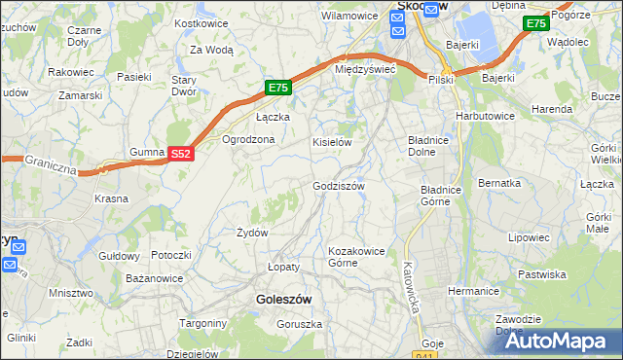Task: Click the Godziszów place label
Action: (338, 186)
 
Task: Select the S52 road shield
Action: (181, 154)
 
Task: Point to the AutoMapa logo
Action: (558, 341)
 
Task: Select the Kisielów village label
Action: (331, 142)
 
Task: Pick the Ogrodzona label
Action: (249, 139)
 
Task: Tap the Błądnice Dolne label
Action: (426, 146)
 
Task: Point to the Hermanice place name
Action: (473, 291)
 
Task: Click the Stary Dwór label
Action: (185, 86)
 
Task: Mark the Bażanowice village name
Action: (155, 279)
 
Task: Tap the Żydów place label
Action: (252, 233)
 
